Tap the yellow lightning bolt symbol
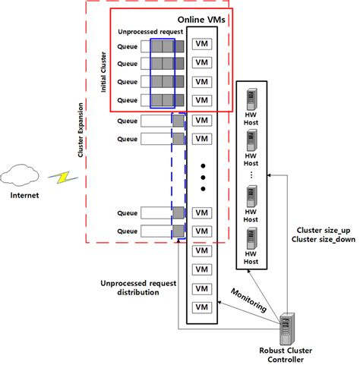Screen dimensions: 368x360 click(x=58, y=180)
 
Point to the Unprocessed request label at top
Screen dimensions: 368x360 click(x=149, y=33)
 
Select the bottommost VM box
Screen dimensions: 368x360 click(x=202, y=307)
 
